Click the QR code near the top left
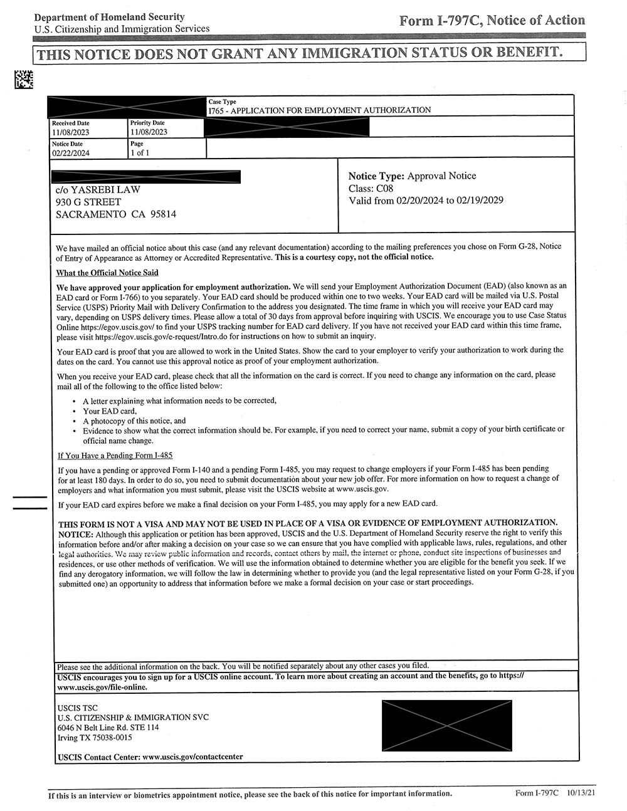click(x=23, y=80)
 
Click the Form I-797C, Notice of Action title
click(x=492, y=21)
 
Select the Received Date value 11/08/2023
click(x=71, y=132)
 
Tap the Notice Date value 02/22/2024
click(x=71, y=153)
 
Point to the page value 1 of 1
click(x=140, y=153)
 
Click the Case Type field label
click(x=223, y=102)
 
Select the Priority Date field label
click(x=147, y=123)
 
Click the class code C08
click(x=384, y=188)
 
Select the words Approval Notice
click(x=441, y=176)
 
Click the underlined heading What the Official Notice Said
click(x=107, y=273)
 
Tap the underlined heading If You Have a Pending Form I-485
click(x=115, y=455)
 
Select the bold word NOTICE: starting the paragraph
click(x=76, y=534)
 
